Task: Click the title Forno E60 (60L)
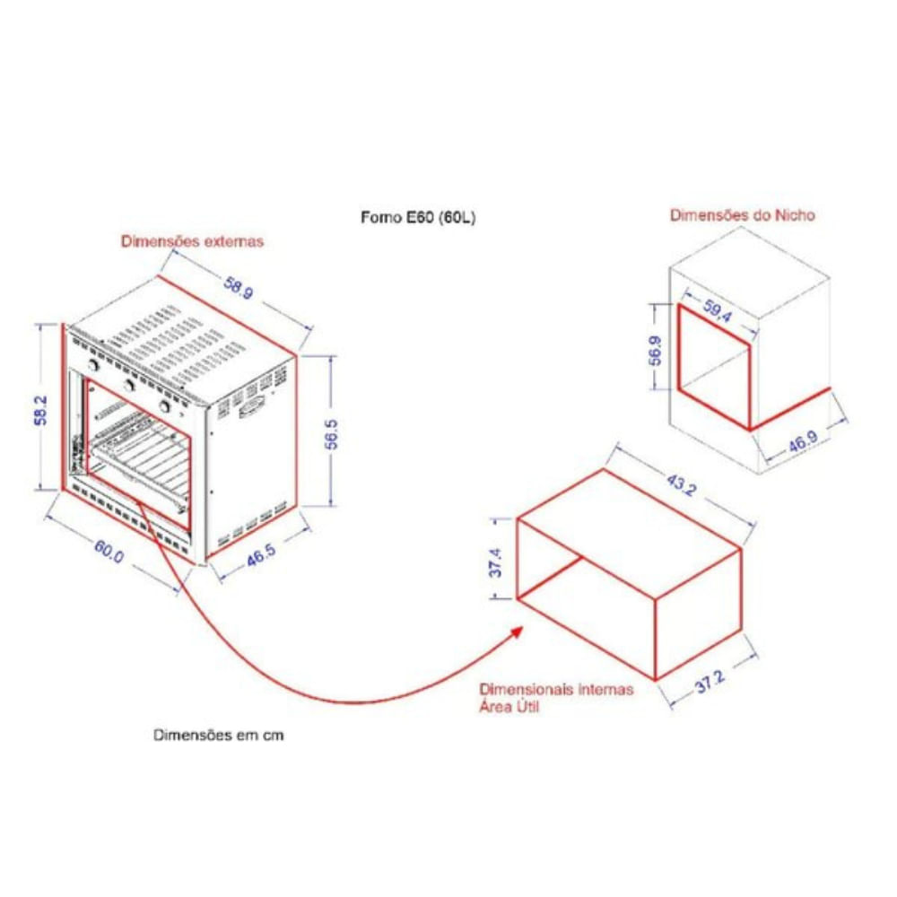coord(418,217)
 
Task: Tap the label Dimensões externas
coord(192,241)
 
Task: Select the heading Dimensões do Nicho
coord(743,215)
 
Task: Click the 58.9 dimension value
coord(238,288)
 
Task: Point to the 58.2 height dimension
coord(41,410)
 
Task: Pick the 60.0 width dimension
coord(109,551)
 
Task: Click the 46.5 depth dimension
coord(261,555)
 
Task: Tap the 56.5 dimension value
coord(331,434)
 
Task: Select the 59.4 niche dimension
coord(717,310)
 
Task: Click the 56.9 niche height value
coord(656,351)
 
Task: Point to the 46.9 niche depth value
coord(803,441)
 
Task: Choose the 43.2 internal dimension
coord(681,485)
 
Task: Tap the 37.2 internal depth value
coord(710,682)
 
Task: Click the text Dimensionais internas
coord(556,689)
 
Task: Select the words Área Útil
coord(509,707)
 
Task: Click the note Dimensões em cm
coord(219,736)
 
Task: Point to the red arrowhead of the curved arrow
coord(516,632)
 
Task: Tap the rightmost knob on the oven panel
coord(166,406)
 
